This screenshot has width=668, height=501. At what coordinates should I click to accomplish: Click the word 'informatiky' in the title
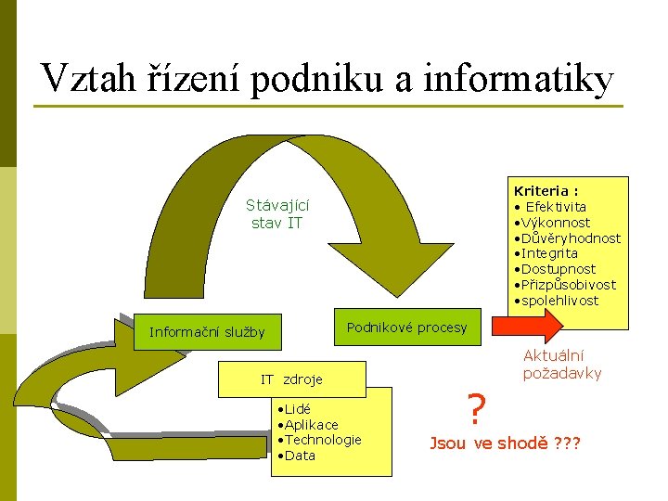pyautogui.click(x=518, y=79)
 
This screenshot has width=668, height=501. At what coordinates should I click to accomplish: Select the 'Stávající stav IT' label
pyautogui.click(x=277, y=214)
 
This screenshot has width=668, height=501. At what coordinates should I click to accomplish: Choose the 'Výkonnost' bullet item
pyautogui.click(x=555, y=223)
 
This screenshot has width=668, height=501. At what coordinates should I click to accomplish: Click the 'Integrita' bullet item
pyautogui.click(x=549, y=253)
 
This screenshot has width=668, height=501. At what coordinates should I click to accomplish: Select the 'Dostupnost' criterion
pyautogui.click(x=557, y=269)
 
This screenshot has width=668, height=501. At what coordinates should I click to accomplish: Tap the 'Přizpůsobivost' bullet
pyautogui.click(x=567, y=285)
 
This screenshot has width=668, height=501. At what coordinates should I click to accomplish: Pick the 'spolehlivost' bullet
pyautogui.click(x=559, y=301)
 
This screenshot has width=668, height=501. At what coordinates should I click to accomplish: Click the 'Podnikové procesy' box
pyautogui.click(x=407, y=328)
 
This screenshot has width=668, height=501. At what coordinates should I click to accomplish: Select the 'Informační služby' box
pyautogui.click(x=207, y=332)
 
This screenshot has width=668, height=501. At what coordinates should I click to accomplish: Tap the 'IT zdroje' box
pyautogui.click(x=290, y=379)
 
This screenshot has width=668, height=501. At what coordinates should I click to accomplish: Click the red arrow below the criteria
pyautogui.click(x=526, y=327)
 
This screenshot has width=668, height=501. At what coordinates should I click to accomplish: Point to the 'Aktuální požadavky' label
pyautogui.click(x=562, y=365)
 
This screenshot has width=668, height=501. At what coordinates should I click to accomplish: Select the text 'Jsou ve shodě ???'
pyautogui.click(x=504, y=443)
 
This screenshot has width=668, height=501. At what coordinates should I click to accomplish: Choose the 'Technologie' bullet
pyautogui.click(x=323, y=440)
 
